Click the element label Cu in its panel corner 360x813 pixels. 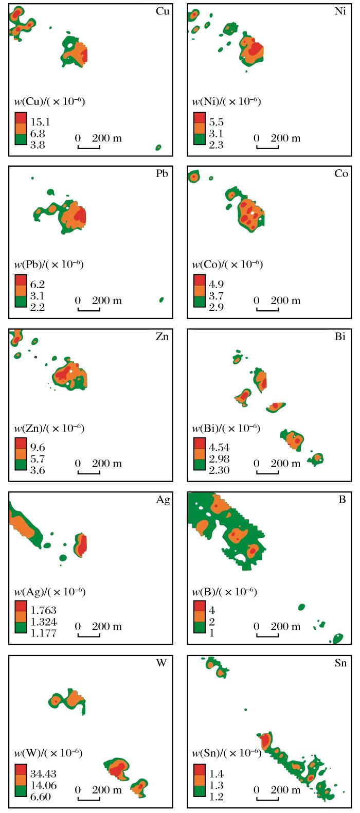click(162, 11)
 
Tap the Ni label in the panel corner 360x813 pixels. click(340, 11)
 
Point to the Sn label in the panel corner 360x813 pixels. click(340, 663)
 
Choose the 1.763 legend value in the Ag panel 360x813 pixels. click(43, 611)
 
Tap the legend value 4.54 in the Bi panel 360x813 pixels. click(218, 448)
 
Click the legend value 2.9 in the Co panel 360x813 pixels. click(215, 308)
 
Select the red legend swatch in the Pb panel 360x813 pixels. click(21, 280)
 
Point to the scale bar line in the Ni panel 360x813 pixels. click(267, 148)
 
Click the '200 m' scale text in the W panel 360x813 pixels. click(107, 790)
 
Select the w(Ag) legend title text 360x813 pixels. click(49, 591)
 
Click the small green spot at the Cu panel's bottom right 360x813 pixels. click(158, 148)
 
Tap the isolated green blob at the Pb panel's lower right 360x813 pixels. click(161, 299)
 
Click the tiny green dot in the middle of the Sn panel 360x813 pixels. click(245, 710)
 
